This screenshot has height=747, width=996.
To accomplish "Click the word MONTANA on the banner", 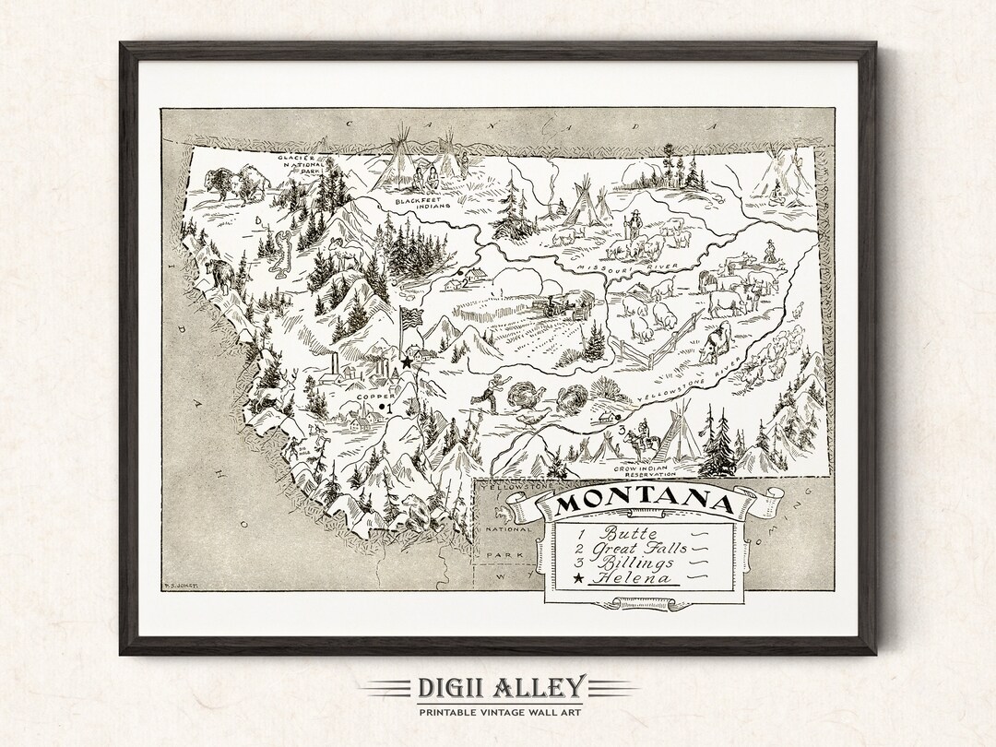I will tap(646, 504).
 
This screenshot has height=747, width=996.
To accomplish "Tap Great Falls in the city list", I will tap(643, 547).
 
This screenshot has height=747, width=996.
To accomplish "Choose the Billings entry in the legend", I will tap(635, 563).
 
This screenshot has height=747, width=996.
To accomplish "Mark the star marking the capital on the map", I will tap(406, 363).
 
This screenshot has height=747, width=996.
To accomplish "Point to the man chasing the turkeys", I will tap(488, 391).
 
